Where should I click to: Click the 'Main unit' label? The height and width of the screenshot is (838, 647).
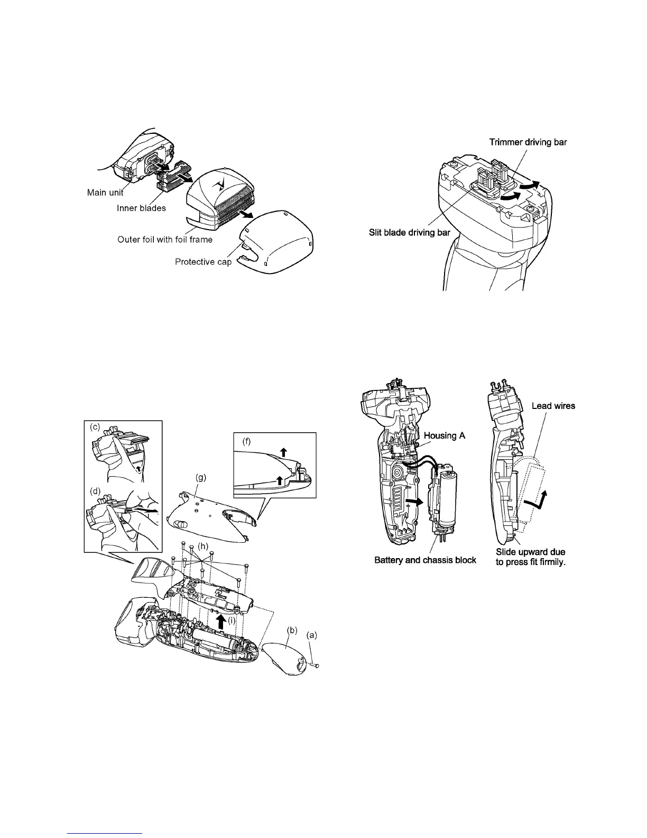pyautogui.click(x=105, y=193)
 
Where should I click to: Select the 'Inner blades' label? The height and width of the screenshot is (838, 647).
pyautogui.click(x=141, y=208)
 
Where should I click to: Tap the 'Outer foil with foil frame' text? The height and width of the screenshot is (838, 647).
pyautogui.click(x=165, y=240)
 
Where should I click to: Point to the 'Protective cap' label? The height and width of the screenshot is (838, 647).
pyautogui.click(x=203, y=262)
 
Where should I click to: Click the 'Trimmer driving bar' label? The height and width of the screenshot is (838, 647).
pyautogui.click(x=528, y=142)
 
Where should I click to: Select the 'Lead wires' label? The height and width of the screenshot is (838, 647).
pyautogui.click(x=553, y=406)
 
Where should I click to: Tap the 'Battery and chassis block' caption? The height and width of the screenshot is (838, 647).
pyautogui.click(x=426, y=560)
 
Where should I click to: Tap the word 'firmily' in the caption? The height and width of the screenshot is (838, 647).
pyautogui.click(x=551, y=562)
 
